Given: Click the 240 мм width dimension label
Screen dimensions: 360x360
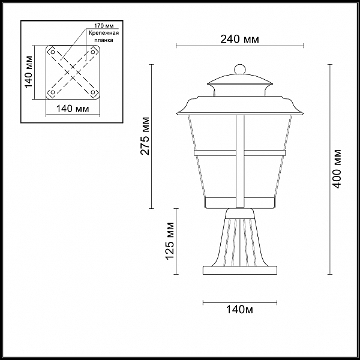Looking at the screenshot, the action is coord(239,39).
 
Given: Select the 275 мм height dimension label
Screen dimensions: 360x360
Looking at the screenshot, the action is coord(145,136).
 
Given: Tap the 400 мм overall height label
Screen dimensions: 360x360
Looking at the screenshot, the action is coord(337,169).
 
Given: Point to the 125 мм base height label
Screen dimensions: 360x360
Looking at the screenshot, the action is coord(170,241).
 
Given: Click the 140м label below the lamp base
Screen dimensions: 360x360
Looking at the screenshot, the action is coord(239,310).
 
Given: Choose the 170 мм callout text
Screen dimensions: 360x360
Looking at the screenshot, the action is coord(104,25).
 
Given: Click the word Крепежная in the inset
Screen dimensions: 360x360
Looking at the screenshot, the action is coord(104,33).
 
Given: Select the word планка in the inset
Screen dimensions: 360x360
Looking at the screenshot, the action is coord(104,40).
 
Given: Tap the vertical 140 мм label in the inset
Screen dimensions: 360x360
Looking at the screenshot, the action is coord(29,72).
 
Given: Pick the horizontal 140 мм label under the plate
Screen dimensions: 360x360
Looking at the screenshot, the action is coord(73,109).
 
